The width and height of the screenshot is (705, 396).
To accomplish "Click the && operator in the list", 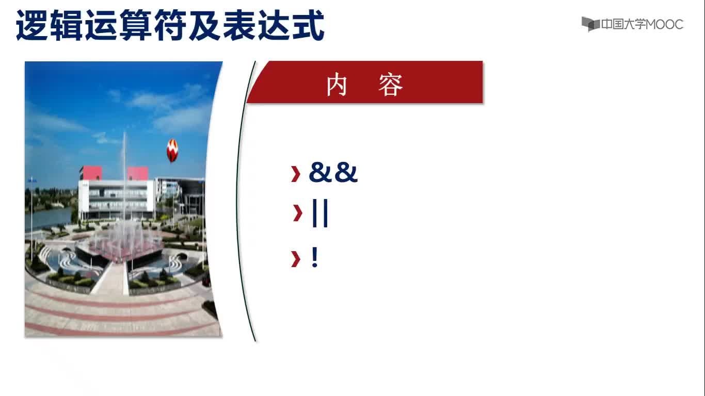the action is pos(333,172).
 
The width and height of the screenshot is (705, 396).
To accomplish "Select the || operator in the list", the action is pos(320,213).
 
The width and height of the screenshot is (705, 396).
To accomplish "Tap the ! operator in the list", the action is pos(314,257).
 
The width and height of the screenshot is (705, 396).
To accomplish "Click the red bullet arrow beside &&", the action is pos(296,174).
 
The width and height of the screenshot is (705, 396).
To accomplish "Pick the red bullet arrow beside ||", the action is pos(297,213).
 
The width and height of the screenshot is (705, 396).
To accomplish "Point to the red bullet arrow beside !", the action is pos(296,259).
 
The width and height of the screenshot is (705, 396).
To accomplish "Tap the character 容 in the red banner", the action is pos(391,85).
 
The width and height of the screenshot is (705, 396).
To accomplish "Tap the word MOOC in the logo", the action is pos(664,24).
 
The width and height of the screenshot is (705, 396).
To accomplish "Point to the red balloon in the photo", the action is pos(172,151).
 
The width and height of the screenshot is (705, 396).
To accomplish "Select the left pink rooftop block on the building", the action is pos(91,173).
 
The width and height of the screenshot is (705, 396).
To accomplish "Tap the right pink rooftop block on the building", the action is pos(137,173).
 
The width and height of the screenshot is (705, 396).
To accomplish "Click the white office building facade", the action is pos(117,198).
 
